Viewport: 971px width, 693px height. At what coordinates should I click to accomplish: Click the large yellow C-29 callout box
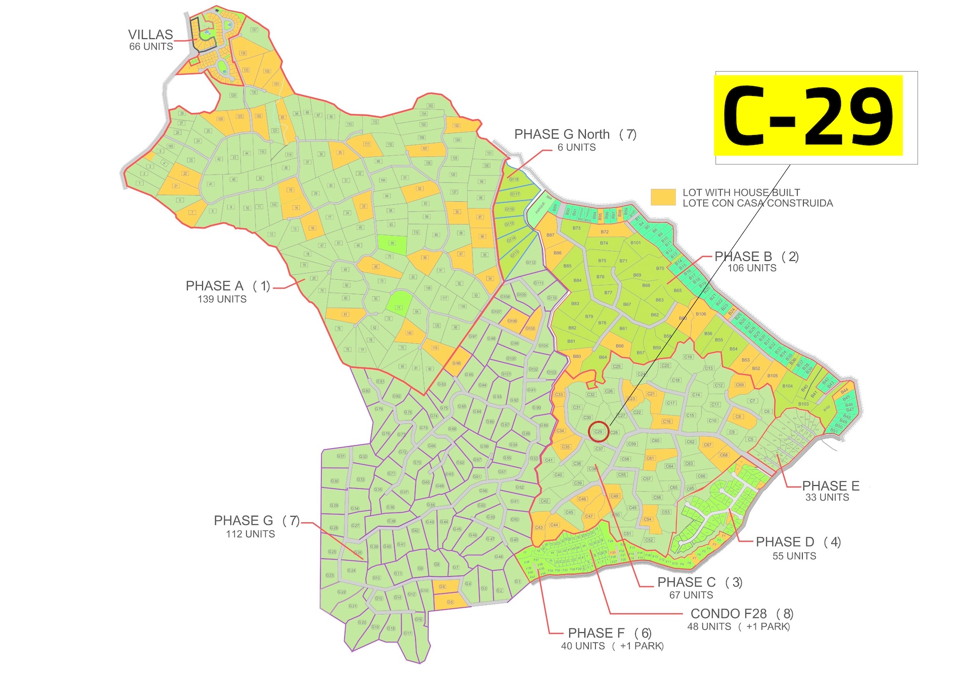[x=808, y=115]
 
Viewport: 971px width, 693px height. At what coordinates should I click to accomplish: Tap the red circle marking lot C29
[x=598, y=432]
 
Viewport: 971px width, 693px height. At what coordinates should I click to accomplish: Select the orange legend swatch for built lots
[x=663, y=197]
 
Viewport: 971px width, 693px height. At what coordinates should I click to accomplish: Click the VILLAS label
[x=150, y=35]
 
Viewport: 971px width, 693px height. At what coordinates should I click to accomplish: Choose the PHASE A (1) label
[x=228, y=286]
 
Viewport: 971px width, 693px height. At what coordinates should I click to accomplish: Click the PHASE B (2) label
[x=756, y=257]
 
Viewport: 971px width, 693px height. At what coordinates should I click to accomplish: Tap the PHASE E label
[x=830, y=486]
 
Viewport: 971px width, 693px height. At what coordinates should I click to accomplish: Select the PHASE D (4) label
[x=798, y=542]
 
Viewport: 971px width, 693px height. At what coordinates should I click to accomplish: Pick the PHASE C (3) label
[x=699, y=582]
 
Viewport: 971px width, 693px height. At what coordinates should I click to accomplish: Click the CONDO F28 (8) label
[x=741, y=614]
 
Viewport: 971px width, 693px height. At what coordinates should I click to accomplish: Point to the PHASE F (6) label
[x=609, y=633]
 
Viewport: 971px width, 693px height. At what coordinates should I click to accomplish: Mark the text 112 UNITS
[x=250, y=534]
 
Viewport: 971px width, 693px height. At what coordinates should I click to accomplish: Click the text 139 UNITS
[x=222, y=299]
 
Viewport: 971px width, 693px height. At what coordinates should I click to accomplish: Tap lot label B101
[x=635, y=243]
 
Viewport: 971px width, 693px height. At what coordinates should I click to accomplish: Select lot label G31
[x=341, y=456]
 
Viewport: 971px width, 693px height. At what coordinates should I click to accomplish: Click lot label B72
[x=605, y=232]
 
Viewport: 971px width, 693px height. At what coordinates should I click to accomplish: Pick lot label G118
[x=514, y=179]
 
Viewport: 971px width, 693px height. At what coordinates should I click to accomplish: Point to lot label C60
[x=655, y=441]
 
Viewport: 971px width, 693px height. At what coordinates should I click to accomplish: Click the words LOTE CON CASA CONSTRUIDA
[x=758, y=203]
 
